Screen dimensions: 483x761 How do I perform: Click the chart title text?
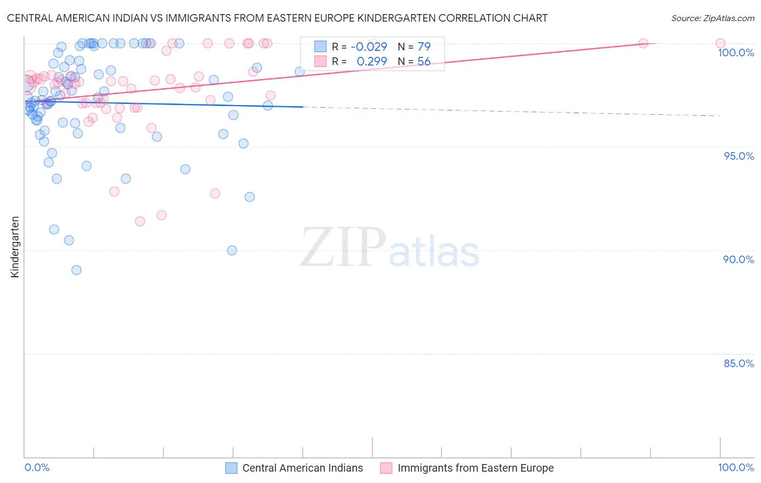277,18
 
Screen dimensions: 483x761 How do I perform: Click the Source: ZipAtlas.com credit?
712,18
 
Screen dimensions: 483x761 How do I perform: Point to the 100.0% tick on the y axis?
736,53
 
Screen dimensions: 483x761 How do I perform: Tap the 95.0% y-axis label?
739,156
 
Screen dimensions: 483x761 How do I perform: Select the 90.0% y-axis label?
738,259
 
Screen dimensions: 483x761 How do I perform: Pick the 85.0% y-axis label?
738,363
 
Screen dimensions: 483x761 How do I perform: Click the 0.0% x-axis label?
37,467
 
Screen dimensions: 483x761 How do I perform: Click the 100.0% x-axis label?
736,467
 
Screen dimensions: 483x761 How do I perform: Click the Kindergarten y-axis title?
15,247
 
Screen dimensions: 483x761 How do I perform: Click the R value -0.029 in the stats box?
369,47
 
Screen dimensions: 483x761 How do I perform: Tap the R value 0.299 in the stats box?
372,61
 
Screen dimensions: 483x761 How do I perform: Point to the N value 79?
424,47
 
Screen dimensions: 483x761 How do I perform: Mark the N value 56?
424,61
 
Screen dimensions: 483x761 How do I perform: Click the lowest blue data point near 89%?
76,270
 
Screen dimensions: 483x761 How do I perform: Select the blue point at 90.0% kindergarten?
232,250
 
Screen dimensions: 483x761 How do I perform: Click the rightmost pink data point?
720,43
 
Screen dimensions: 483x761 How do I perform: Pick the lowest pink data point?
140,221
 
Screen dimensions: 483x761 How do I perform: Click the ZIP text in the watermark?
343,247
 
